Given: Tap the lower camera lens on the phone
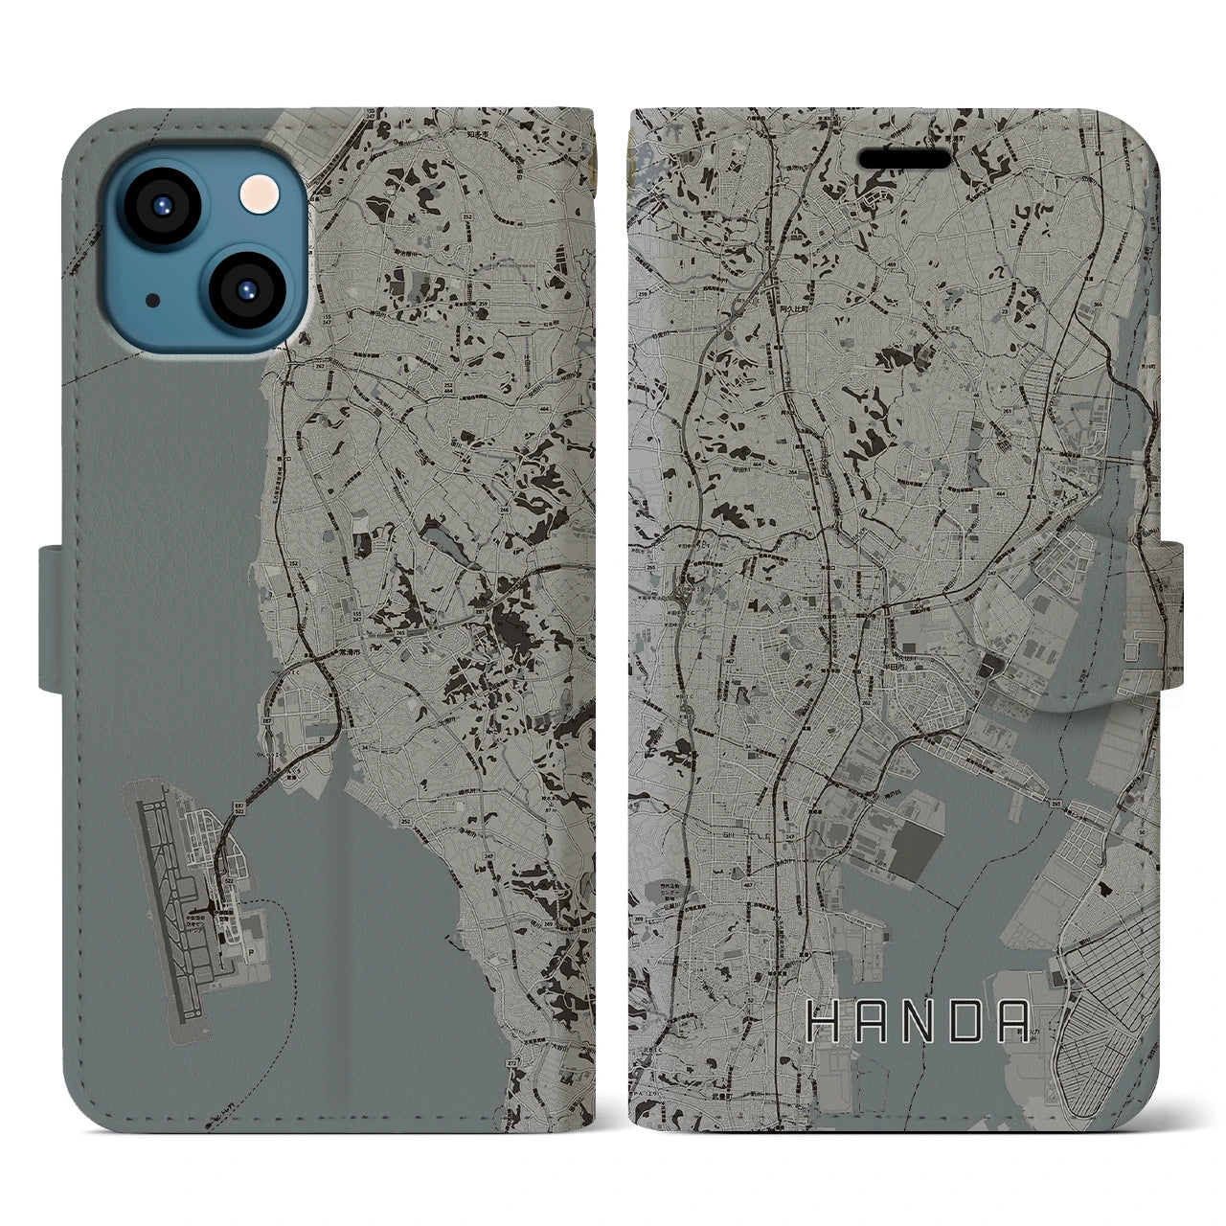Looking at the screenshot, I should coord(247,290).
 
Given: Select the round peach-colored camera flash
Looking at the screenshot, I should coord(257,195).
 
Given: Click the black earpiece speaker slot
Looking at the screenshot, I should coord(905,158).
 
